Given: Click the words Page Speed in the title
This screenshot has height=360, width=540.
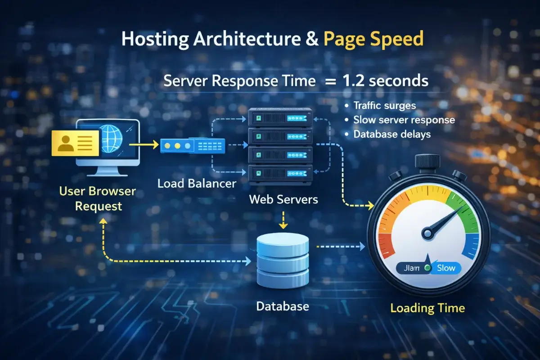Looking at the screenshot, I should (373, 39).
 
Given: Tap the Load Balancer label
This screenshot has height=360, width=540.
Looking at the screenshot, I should (197, 183).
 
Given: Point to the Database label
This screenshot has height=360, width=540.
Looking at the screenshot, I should (283, 307).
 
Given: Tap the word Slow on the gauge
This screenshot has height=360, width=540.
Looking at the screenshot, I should (446, 268).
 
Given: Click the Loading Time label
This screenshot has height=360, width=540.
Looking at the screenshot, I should (427, 308).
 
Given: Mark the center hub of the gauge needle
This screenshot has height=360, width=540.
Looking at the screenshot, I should (427, 233).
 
